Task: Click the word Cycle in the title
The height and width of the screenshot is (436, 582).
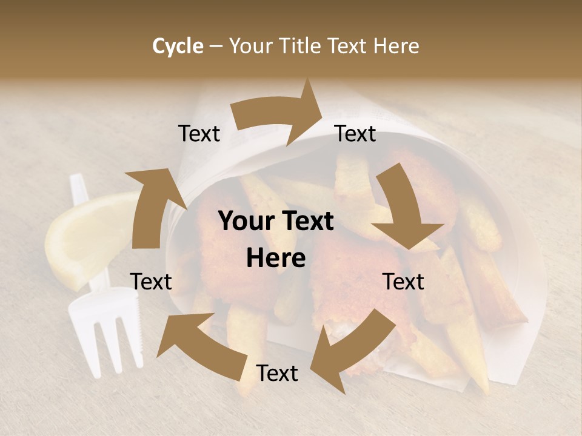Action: [x=178, y=46]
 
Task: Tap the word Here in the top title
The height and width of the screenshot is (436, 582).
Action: [x=396, y=46]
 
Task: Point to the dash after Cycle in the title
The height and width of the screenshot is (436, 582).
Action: [x=215, y=47]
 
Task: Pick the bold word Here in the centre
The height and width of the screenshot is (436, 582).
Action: [x=276, y=259]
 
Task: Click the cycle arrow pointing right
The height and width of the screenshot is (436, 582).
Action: [x=282, y=113]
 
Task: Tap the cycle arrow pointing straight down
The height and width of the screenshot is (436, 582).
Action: [x=405, y=209]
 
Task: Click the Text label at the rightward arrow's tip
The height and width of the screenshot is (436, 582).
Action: [x=355, y=134]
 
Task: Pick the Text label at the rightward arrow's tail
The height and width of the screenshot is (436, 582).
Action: [x=199, y=134]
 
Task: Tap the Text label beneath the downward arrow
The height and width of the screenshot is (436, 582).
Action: [x=403, y=282]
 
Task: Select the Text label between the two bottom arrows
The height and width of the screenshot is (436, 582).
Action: [x=277, y=374]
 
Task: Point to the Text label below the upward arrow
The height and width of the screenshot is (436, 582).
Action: [x=151, y=282]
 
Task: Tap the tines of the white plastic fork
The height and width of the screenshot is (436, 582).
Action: [x=106, y=339]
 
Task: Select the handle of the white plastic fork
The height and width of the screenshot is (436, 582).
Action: [x=82, y=200]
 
